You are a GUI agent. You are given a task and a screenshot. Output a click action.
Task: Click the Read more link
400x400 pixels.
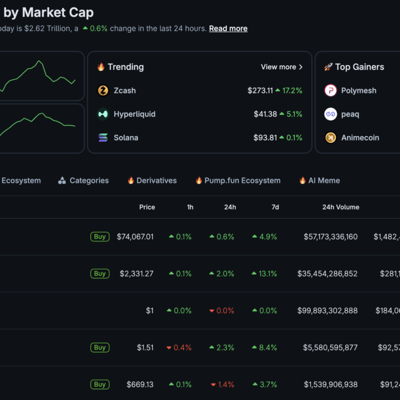(x=228, y=29)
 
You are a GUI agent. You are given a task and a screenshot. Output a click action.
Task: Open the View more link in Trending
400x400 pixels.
(x=282, y=67)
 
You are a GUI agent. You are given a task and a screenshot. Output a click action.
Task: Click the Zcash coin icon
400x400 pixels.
(x=103, y=91)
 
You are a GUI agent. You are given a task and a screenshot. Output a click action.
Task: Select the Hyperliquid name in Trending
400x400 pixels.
(x=134, y=114)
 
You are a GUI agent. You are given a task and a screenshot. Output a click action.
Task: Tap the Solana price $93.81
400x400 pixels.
(x=265, y=138)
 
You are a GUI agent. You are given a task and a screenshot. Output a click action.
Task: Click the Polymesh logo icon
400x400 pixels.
(x=331, y=91)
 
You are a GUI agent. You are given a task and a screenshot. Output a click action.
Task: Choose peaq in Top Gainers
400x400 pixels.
(x=350, y=114)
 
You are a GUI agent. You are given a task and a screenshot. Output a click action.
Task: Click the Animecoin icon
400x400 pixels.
(x=331, y=138)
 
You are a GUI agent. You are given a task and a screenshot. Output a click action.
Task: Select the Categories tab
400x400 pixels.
(x=89, y=181)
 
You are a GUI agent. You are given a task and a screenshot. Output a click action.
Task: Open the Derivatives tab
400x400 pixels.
(x=156, y=181)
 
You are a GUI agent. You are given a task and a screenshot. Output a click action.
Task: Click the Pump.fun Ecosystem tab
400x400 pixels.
(x=242, y=181)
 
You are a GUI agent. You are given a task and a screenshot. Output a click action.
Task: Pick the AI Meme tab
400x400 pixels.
(x=324, y=181)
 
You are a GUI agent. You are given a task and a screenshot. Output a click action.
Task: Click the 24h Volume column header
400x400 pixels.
(x=341, y=207)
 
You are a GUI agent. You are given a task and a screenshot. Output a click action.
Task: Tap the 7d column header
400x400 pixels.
(x=275, y=207)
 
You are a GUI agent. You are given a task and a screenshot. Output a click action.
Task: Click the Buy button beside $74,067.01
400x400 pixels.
(x=100, y=237)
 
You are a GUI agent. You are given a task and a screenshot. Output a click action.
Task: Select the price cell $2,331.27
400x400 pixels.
(x=136, y=274)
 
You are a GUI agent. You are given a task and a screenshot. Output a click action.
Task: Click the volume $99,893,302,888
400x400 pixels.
(x=327, y=311)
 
